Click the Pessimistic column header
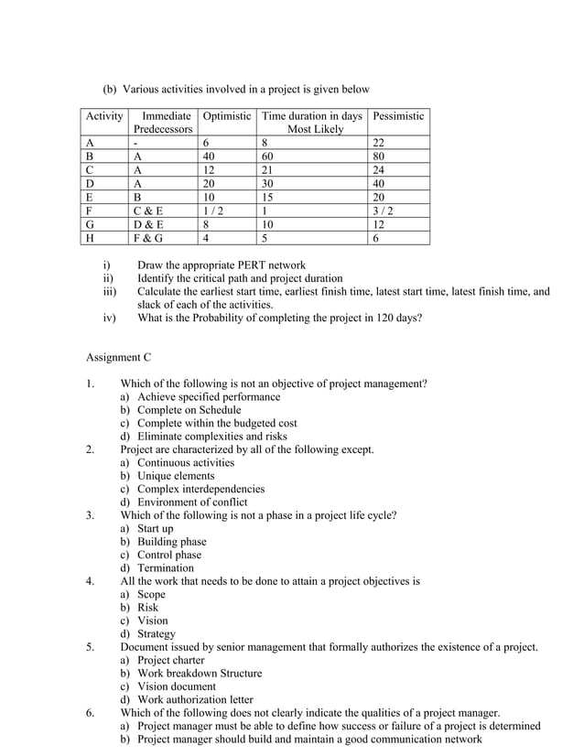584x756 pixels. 398,116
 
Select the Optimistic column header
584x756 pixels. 226,116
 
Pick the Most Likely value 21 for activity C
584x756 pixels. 268,169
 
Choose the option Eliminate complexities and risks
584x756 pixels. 211,437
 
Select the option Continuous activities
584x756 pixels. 186,462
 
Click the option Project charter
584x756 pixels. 170,660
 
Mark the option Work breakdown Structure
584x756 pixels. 199,674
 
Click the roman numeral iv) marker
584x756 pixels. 109,319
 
